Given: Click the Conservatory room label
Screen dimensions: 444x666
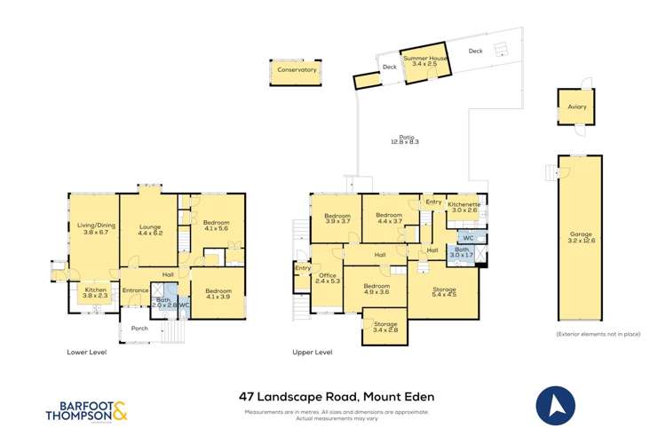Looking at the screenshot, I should [x=297, y=69].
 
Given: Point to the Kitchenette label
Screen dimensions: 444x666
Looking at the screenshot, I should [x=464, y=207].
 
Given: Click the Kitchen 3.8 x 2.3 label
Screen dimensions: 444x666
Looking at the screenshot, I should [x=95, y=293].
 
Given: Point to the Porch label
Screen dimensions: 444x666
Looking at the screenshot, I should [x=139, y=328].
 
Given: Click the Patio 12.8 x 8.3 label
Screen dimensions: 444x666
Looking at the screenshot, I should [x=403, y=139].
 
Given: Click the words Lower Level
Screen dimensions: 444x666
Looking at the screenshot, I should [x=87, y=353].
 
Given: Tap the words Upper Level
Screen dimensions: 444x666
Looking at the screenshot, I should [x=313, y=353].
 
